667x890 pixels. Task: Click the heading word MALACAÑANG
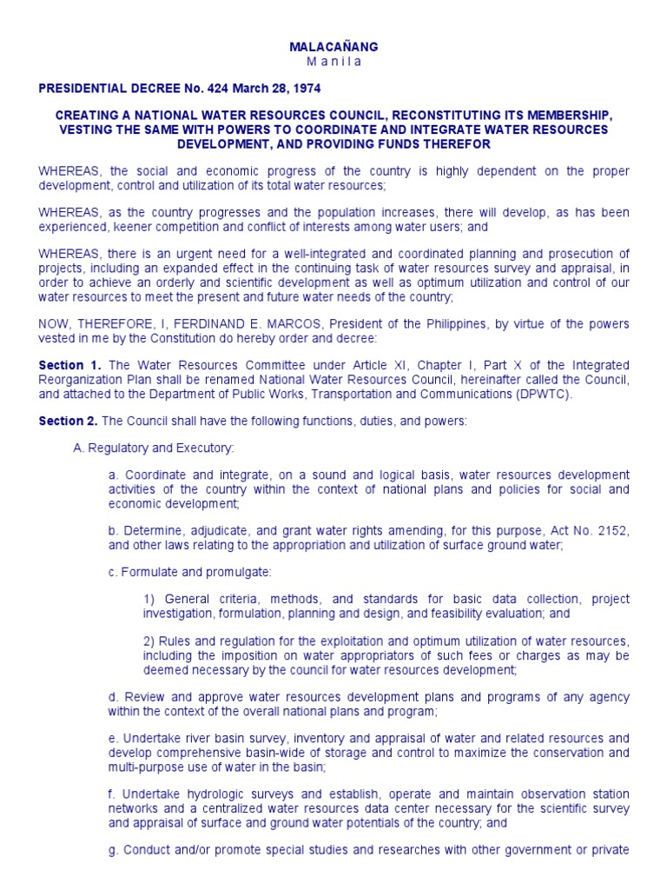tap(333, 47)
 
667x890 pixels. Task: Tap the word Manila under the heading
tap(333, 62)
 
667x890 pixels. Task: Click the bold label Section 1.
tap(70, 365)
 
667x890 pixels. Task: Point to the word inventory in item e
tap(303, 739)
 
